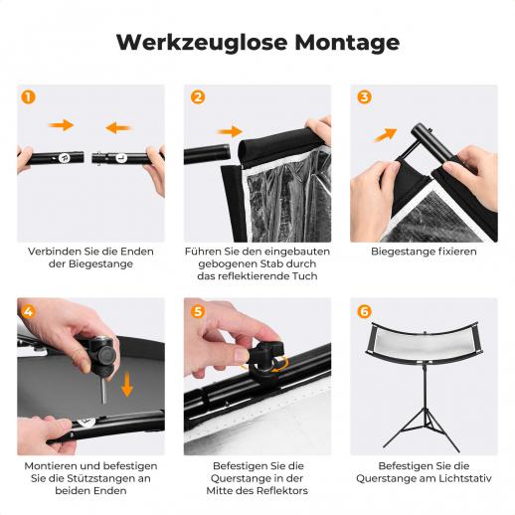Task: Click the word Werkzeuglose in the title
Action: coord(202,43)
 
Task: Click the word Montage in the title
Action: coord(347,43)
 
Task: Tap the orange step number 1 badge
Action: coord(28,97)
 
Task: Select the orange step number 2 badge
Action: coord(198,97)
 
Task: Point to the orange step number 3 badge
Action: coord(364,97)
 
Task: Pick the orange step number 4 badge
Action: coord(28,311)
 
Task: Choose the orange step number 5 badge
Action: coord(198,311)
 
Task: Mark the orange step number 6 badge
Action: coord(364,311)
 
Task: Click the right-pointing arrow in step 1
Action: coord(62,125)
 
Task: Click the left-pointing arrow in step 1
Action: coord(118,127)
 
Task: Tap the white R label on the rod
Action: coord(64,158)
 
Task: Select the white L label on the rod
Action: coord(121,158)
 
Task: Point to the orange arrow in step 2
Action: coord(230,131)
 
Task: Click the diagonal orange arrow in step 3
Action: coord(385,135)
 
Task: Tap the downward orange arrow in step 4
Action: coord(127,385)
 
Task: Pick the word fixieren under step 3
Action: coord(457,252)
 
